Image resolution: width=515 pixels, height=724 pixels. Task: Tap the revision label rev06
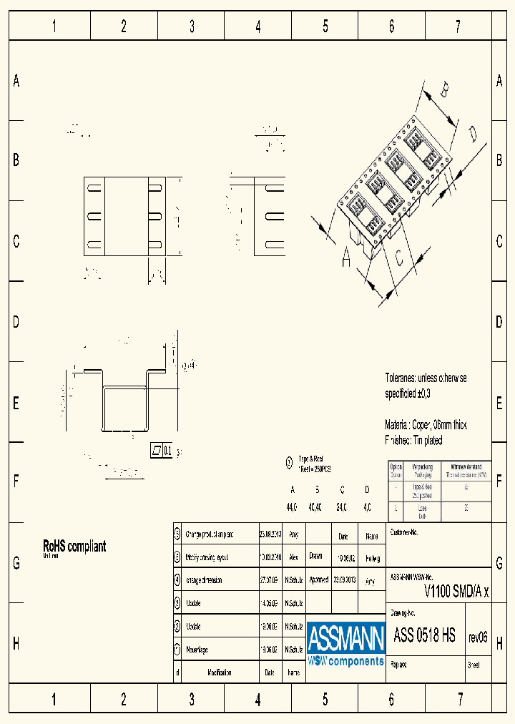[x=477, y=637]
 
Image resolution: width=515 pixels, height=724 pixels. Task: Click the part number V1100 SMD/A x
[x=457, y=591]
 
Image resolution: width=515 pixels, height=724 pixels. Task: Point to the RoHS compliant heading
[x=74, y=546]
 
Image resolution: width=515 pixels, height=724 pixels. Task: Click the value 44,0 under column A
[x=292, y=507]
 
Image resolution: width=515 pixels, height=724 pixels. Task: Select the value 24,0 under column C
[x=341, y=507]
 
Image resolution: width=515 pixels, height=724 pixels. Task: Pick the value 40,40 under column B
[x=315, y=507]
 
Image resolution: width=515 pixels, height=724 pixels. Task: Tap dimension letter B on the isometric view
[x=444, y=91]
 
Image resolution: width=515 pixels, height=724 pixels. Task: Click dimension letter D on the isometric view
[x=473, y=134]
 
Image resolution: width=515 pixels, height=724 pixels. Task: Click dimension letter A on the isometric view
[x=346, y=259]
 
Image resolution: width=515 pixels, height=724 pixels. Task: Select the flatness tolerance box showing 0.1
[x=162, y=450]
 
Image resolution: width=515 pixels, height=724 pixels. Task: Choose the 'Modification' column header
[x=219, y=672]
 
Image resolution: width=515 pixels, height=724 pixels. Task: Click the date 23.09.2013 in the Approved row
[x=344, y=580]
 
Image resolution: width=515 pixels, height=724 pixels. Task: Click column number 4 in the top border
[x=258, y=27]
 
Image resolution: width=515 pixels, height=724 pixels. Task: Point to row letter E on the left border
[x=16, y=403]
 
